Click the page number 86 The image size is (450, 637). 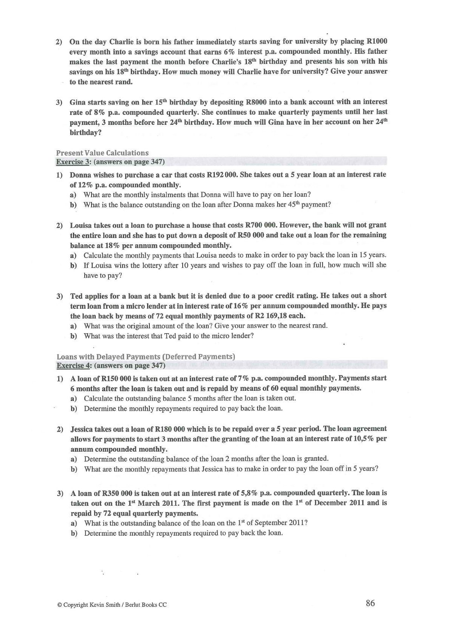click(370, 603)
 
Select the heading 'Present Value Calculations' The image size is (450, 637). click(102, 153)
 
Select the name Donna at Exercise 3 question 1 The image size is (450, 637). click(81, 175)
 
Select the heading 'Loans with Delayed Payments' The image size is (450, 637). click(146, 357)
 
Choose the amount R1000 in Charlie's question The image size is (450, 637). click(377, 42)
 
